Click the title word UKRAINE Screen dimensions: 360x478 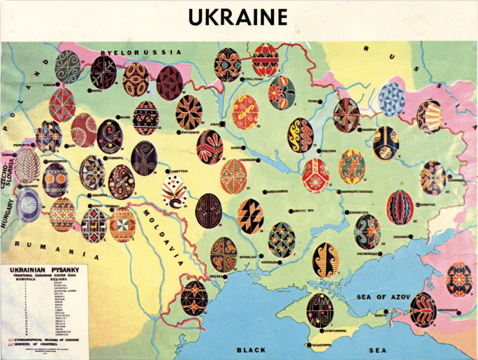click(x=238, y=17)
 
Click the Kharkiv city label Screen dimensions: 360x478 click(x=369, y=129)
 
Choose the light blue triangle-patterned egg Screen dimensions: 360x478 click(x=391, y=99)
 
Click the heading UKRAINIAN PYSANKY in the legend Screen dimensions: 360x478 click(x=41, y=269)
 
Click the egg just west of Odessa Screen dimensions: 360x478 click(x=194, y=298)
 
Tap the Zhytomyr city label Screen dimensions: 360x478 click(x=191, y=131)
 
